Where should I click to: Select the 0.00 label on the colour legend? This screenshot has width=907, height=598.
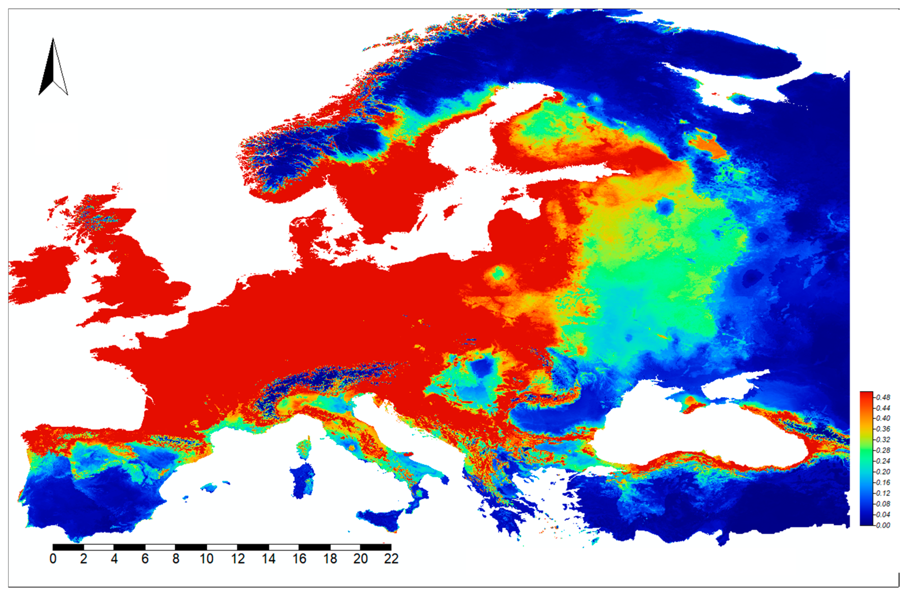pos(883,525)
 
